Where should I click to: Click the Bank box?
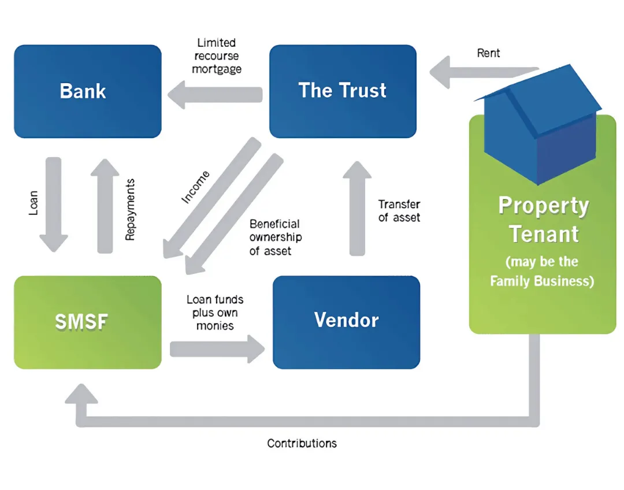tap(88, 91)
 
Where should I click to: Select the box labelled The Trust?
tap(343, 91)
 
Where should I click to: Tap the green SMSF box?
tap(88, 322)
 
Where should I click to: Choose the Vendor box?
tap(346, 322)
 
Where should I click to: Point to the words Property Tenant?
tap(543, 220)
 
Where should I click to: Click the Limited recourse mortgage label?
tap(217, 55)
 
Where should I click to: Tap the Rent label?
tap(488, 53)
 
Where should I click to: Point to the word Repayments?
tap(130, 209)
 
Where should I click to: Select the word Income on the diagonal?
tap(196, 187)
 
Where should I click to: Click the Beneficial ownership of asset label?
tap(276, 237)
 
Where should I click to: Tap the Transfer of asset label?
tap(399, 211)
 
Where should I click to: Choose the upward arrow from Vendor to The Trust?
tap(358, 208)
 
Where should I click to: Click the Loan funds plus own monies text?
tap(215, 313)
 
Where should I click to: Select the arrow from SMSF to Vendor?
tap(217, 349)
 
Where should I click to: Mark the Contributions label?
tap(302, 443)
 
